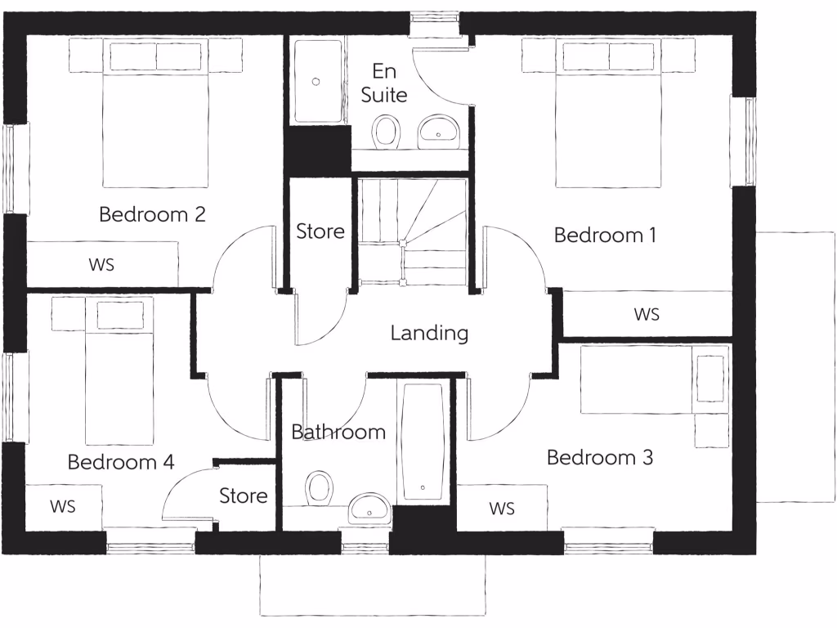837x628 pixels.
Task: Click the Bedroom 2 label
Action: [152, 215]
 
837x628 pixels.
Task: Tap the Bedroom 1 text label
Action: [605, 235]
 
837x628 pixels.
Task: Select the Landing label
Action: [429, 334]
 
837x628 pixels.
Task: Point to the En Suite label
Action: [384, 83]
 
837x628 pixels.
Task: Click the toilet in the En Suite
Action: [387, 131]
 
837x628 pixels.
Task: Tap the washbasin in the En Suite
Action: [440, 131]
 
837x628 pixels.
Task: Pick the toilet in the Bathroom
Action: [320, 489]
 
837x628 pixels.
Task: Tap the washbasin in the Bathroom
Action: [370, 508]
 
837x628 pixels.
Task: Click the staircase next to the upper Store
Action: [413, 231]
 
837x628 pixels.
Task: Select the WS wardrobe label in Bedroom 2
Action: [101, 265]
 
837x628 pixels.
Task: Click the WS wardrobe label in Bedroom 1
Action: [647, 314]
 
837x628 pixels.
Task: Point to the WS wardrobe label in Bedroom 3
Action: [502, 509]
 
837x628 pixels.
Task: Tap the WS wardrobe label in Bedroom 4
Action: [62, 507]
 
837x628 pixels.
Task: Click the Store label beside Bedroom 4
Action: [244, 496]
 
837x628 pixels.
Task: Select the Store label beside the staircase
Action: [320, 232]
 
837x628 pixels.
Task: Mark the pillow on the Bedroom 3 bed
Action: [709, 379]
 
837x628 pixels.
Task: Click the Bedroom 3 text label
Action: [600, 458]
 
